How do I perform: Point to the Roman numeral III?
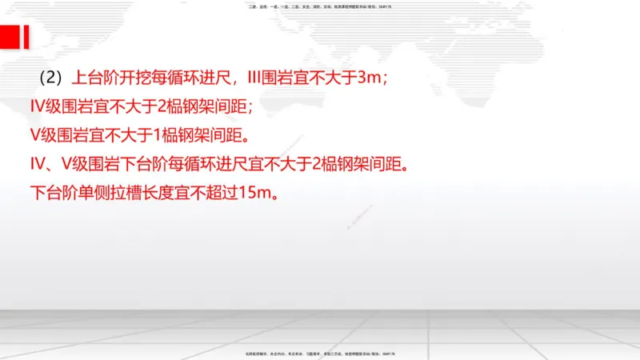(258, 78)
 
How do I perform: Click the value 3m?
(368, 78)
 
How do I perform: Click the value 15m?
(255, 193)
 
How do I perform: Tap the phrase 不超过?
(216, 193)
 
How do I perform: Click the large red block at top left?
(10, 37)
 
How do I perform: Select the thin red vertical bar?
(27, 37)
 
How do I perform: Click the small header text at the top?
(320, 7)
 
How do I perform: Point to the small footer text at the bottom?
(320, 353)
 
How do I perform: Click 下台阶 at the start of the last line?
(54, 193)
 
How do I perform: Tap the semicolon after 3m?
(386, 80)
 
